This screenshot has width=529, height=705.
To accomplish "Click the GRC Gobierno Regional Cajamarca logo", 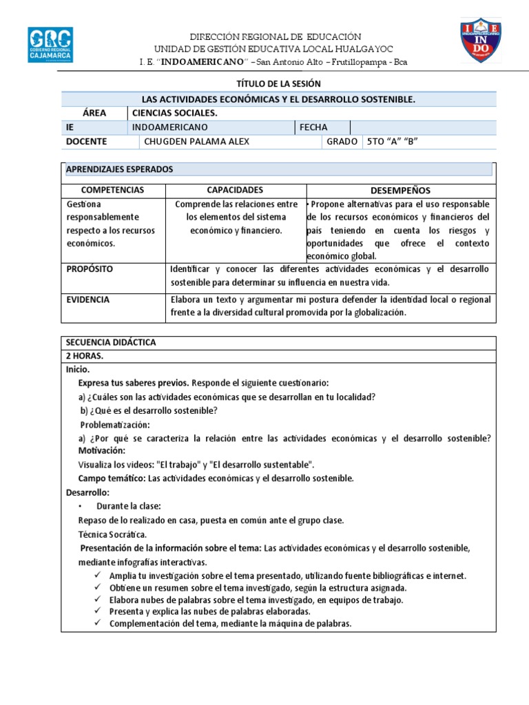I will (50, 45).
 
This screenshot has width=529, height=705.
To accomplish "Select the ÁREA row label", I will (94, 113).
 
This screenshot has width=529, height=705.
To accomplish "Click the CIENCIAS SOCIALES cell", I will (174, 113).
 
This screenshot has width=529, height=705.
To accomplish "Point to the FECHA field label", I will (313, 127).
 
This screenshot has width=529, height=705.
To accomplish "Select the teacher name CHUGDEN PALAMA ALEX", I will (196, 142).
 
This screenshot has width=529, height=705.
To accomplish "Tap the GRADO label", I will (342, 142).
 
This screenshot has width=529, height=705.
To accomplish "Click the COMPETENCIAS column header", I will (112, 189).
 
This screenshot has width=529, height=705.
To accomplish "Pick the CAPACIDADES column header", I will (235, 189).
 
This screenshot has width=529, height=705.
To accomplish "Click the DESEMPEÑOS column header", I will (400, 190).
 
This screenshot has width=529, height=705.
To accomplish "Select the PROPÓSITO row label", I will (90, 269).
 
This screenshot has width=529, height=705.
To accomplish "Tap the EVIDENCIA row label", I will (87, 299).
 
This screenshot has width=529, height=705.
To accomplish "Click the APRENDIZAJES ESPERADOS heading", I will (119, 169).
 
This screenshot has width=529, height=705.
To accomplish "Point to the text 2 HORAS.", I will (85, 356).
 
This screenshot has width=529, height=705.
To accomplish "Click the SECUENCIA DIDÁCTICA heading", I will (111, 342).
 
